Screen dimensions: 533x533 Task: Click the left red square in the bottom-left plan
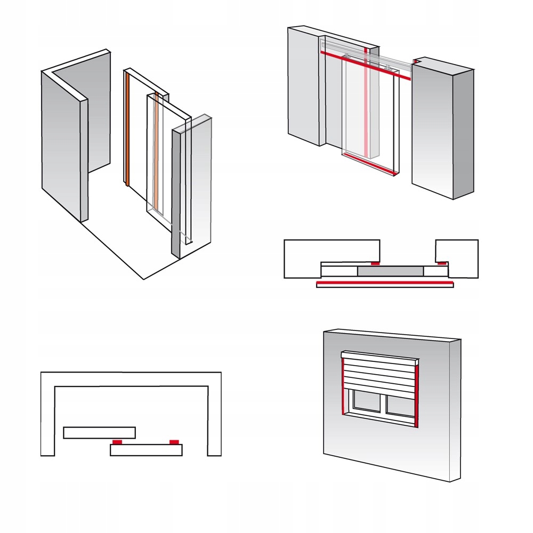pos(117,442)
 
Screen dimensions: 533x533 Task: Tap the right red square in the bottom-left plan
pos(173,442)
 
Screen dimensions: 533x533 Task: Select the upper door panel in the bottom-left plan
pos(99,432)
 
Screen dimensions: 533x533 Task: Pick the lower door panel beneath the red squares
pos(146,450)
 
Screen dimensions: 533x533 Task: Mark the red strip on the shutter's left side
pos(342,385)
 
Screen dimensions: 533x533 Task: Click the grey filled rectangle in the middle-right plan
pos(390,271)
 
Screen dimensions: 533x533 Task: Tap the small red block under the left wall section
pos(375,263)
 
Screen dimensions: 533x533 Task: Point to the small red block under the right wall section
pos(442,263)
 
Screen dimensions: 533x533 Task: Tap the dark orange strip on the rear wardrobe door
pos(128,128)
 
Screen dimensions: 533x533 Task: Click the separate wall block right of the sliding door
pos(442,128)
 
